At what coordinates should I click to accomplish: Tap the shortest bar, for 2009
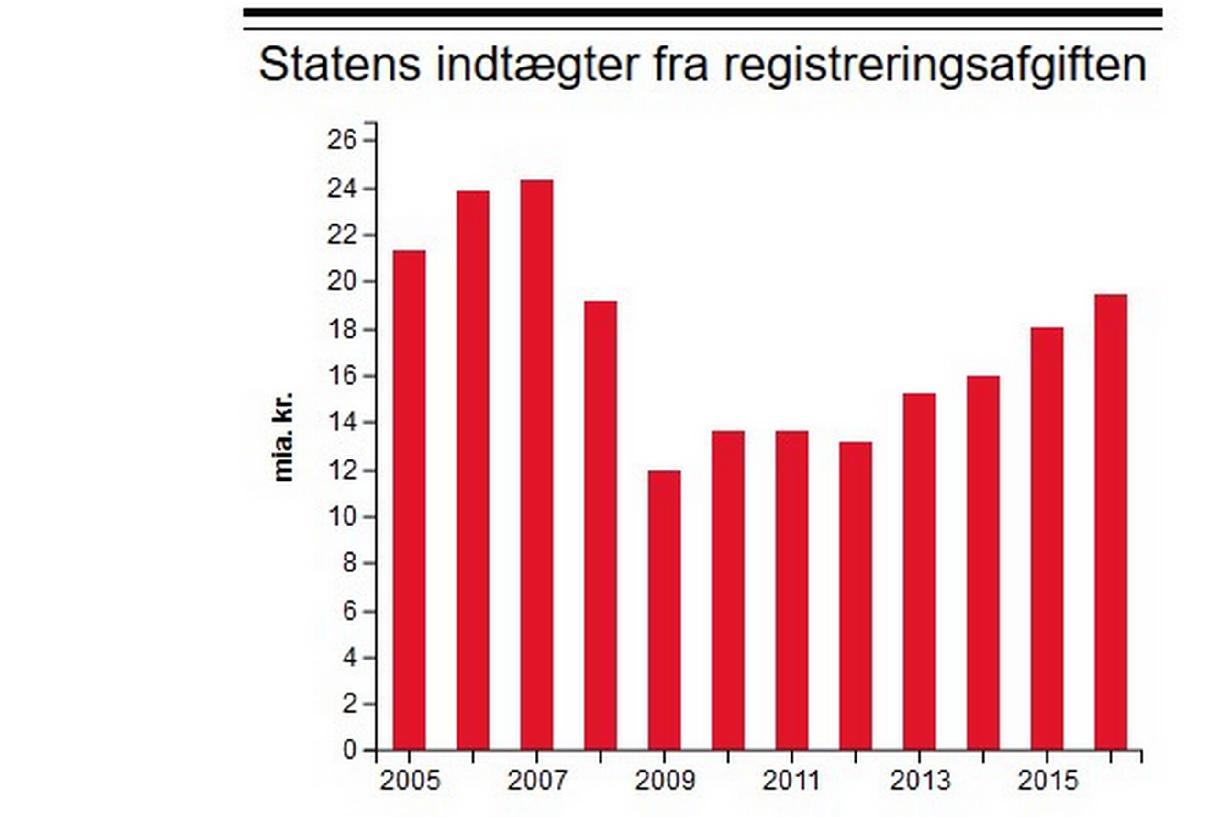[664, 610]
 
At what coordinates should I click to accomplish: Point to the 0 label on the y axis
[349, 750]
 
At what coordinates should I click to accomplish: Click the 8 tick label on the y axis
[349, 563]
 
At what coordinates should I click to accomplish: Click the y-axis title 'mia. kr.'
[284, 437]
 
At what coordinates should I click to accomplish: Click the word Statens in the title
[339, 65]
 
